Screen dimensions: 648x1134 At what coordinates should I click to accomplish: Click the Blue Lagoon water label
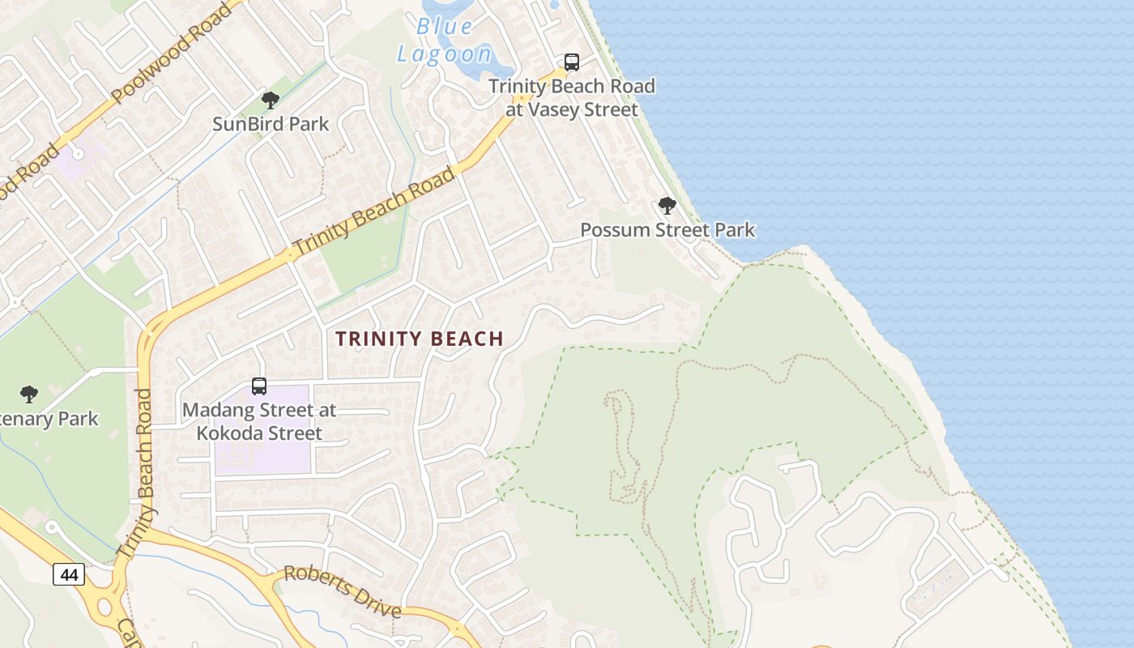(444, 40)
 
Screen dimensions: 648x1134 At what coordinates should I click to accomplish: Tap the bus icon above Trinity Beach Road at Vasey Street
(572, 62)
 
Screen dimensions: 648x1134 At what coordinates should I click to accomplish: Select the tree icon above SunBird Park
(271, 100)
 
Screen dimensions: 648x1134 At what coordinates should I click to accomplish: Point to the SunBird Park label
(271, 124)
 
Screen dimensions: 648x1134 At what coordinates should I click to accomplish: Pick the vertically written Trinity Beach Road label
(144, 474)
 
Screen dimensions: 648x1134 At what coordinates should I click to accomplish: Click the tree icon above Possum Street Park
(667, 206)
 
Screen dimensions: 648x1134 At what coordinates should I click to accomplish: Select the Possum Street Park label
(667, 230)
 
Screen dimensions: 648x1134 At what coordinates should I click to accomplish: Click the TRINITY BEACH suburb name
(420, 339)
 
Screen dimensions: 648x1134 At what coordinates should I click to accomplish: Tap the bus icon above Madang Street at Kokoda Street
(259, 386)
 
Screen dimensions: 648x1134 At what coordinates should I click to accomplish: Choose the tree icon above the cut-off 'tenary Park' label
(29, 394)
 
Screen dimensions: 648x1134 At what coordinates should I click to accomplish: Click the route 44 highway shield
(69, 574)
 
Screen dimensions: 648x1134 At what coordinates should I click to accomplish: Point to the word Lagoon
(444, 54)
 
